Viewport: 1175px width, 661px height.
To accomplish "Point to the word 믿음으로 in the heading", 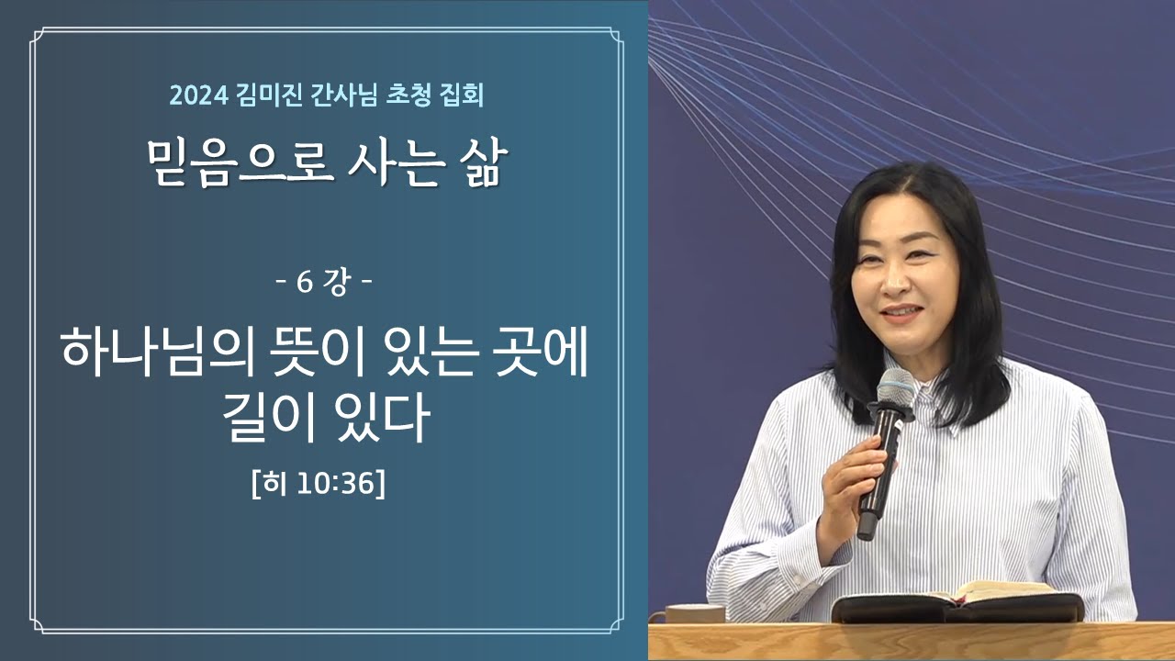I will tap(240, 166).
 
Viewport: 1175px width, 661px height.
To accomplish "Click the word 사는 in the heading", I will tap(397, 166).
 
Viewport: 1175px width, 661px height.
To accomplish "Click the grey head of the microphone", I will tap(894, 387).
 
